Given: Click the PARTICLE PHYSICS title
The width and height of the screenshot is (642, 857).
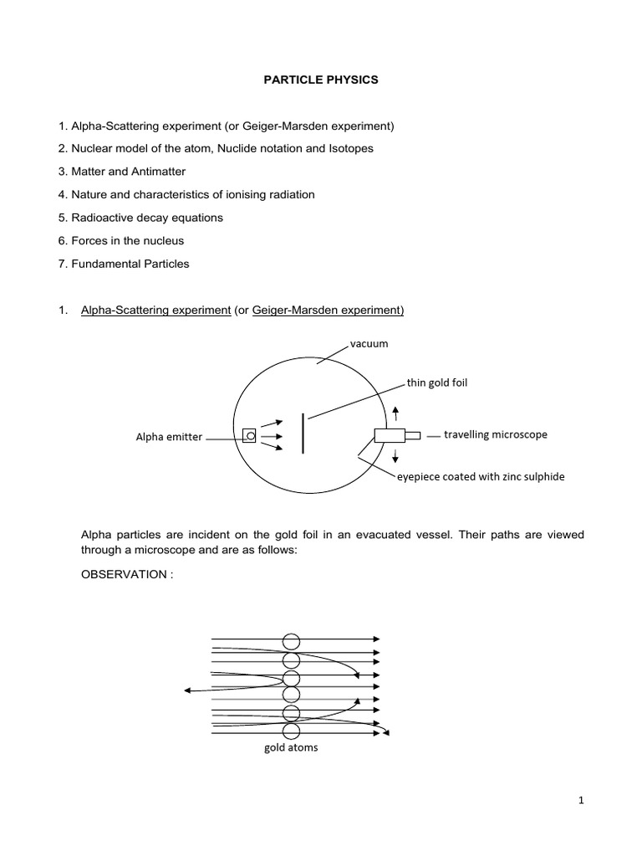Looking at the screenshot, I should [321, 81].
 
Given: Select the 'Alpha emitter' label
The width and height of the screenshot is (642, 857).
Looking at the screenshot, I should [170, 437].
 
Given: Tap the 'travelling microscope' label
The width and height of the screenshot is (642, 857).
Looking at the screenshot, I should [496, 435].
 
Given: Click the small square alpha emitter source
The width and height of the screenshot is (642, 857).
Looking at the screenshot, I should [248, 435].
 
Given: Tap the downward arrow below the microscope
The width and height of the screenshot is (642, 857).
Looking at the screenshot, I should [395, 457].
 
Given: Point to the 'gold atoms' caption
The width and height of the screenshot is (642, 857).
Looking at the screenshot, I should [290, 747].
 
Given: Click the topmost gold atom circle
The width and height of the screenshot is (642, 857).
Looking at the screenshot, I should [291, 642].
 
